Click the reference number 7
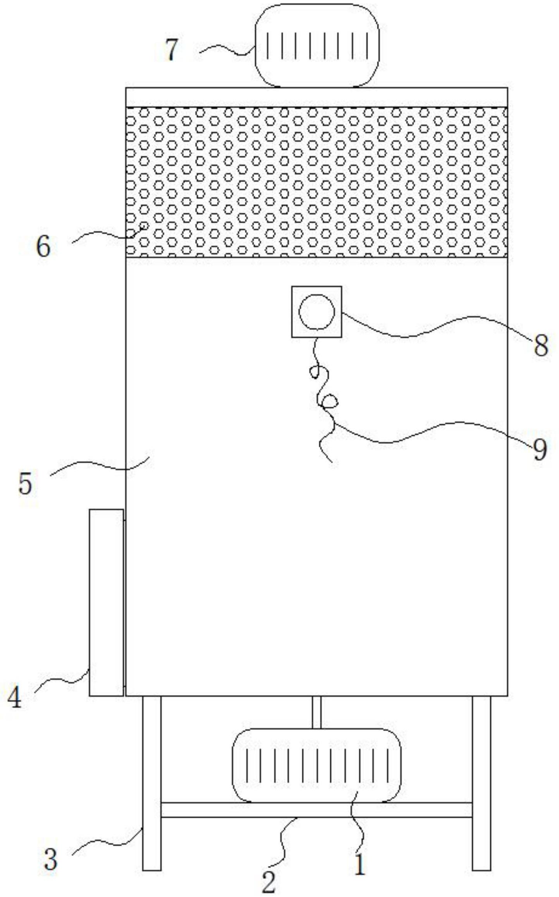[x=171, y=50]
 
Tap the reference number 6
[x=43, y=247]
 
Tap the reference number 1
[x=360, y=864]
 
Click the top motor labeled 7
[x=316, y=46]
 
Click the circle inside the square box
[x=316, y=312]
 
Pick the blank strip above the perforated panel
[x=316, y=97]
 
